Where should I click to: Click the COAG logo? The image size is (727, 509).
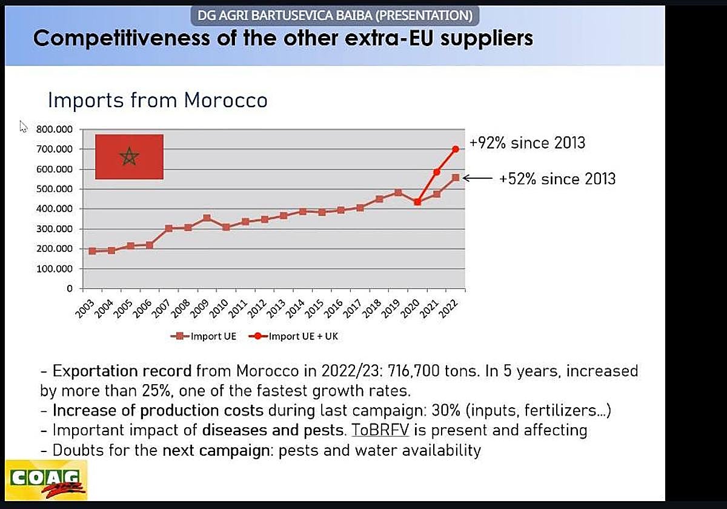(46, 479)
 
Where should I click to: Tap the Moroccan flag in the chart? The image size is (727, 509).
(129, 157)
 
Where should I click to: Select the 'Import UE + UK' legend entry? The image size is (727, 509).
(296, 336)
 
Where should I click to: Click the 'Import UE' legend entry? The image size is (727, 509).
(203, 336)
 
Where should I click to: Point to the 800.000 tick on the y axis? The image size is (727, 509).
(54, 129)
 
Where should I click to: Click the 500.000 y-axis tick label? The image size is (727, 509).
(54, 189)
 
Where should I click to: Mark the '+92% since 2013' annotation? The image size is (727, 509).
(527, 143)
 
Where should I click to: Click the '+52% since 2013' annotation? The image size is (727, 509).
(557, 179)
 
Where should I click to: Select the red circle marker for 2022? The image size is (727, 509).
(456, 149)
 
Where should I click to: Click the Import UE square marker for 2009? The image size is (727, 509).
(207, 218)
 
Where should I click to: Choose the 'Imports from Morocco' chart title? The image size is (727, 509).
(158, 100)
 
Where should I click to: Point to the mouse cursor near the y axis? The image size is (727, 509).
(23, 126)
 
